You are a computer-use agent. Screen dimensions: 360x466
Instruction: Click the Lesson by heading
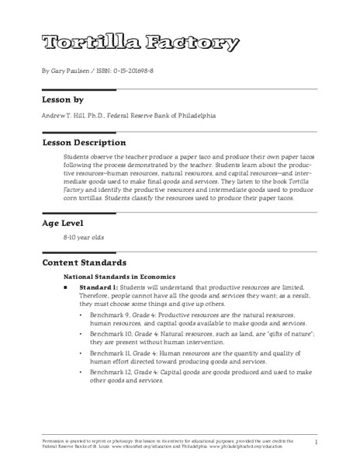click(66, 101)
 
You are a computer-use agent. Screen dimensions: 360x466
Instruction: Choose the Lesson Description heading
click(84, 143)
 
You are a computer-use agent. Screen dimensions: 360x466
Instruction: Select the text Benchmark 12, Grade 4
click(119, 385)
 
